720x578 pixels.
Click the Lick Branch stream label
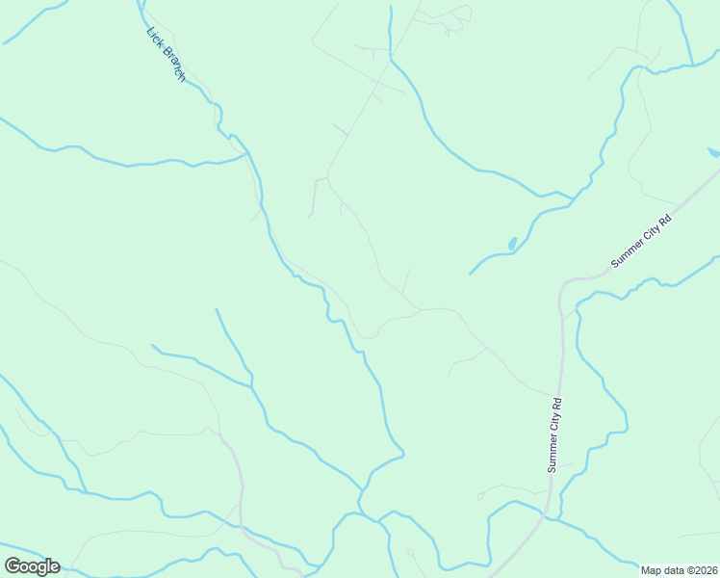[x=166, y=53]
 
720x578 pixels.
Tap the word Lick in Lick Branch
[x=154, y=36]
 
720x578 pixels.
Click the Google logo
[x=32, y=566]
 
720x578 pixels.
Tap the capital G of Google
[x=13, y=565]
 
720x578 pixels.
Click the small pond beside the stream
[x=512, y=244]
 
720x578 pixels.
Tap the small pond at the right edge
[x=712, y=152]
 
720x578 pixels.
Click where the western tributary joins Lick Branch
[x=246, y=153]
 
